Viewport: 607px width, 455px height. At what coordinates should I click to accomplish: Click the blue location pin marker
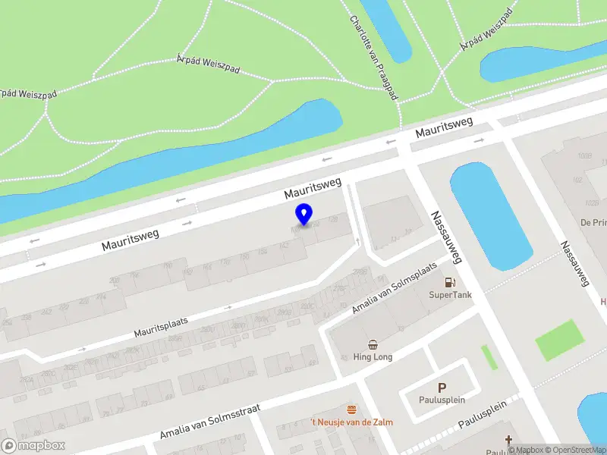coord(304,214)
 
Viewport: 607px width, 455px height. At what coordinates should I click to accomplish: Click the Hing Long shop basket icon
coord(373,344)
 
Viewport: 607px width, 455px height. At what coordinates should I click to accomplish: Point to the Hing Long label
coord(373,357)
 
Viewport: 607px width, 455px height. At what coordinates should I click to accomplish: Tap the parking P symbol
coord(442,388)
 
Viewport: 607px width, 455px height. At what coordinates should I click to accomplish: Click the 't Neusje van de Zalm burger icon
coord(351,409)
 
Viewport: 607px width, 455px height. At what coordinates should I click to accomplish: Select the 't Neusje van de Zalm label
coord(351,422)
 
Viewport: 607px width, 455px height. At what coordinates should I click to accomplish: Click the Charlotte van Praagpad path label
coord(374,58)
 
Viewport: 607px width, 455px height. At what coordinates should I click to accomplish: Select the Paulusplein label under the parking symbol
coord(442,400)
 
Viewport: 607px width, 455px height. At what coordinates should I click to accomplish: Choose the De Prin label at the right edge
coord(593,222)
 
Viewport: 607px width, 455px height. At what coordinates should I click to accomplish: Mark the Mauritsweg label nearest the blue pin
coord(313,189)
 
